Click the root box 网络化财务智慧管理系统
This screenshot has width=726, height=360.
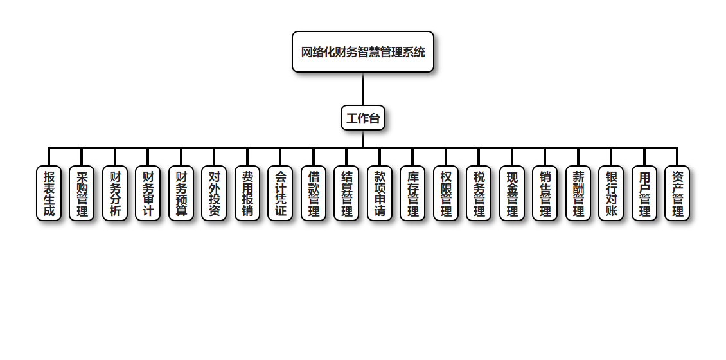tap(363, 52)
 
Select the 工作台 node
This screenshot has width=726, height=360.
tap(363, 118)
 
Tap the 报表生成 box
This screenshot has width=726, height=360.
tap(49, 194)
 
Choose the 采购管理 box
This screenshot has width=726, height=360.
tap(82, 194)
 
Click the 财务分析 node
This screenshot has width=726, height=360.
tap(115, 194)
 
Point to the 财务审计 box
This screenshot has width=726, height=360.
tap(148, 194)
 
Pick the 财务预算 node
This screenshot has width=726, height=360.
tap(181, 194)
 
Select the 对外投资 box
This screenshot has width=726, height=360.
tap(214, 194)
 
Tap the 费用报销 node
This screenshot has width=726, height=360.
tap(247, 194)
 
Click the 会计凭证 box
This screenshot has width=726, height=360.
tap(280, 194)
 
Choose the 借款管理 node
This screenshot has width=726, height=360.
tap(314, 194)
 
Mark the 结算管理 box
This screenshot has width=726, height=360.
tap(346, 194)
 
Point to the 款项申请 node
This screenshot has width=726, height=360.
tap(380, 194)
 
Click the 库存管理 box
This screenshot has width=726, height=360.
tap(412, 194)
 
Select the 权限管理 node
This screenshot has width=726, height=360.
tap(446, 194)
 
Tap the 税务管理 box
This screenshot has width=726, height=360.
tap(479, 194)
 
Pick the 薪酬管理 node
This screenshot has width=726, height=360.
tap(578, 194)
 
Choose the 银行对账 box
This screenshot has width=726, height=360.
tap(611, 194)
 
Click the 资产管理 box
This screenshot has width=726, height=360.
tap(677, 194)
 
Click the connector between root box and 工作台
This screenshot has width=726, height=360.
tap(363, 89)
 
